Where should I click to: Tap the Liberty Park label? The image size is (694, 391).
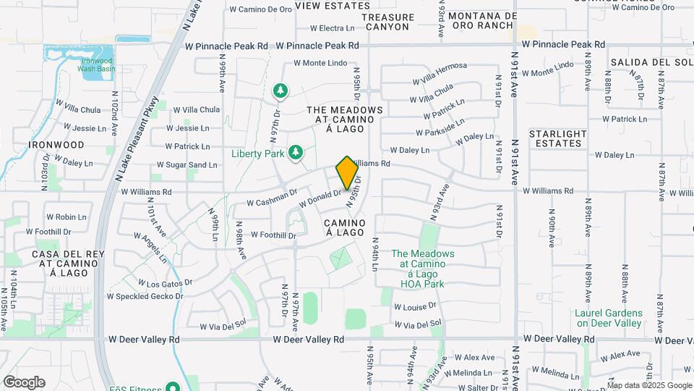(x=258, y=154)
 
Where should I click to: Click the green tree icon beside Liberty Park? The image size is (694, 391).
(x=295, y=152)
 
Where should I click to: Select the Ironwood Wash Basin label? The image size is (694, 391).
(x=98, y=66)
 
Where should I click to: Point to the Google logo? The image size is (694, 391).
(x=24, y=382)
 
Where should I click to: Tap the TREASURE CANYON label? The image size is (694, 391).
(x=387, y=22)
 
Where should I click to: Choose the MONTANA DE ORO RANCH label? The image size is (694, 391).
(x=482, y=20)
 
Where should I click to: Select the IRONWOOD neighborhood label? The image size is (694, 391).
(x=56, y=145)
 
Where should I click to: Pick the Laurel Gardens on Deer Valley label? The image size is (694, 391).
(x=608, y=318)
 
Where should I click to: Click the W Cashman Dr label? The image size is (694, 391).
(x=272, y=198)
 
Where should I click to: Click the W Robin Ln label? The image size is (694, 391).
(x=66, y=216)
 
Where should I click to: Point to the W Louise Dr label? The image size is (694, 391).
(x=415, y=307)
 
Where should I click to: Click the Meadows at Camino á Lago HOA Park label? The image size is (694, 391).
(x=423, y=269)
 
